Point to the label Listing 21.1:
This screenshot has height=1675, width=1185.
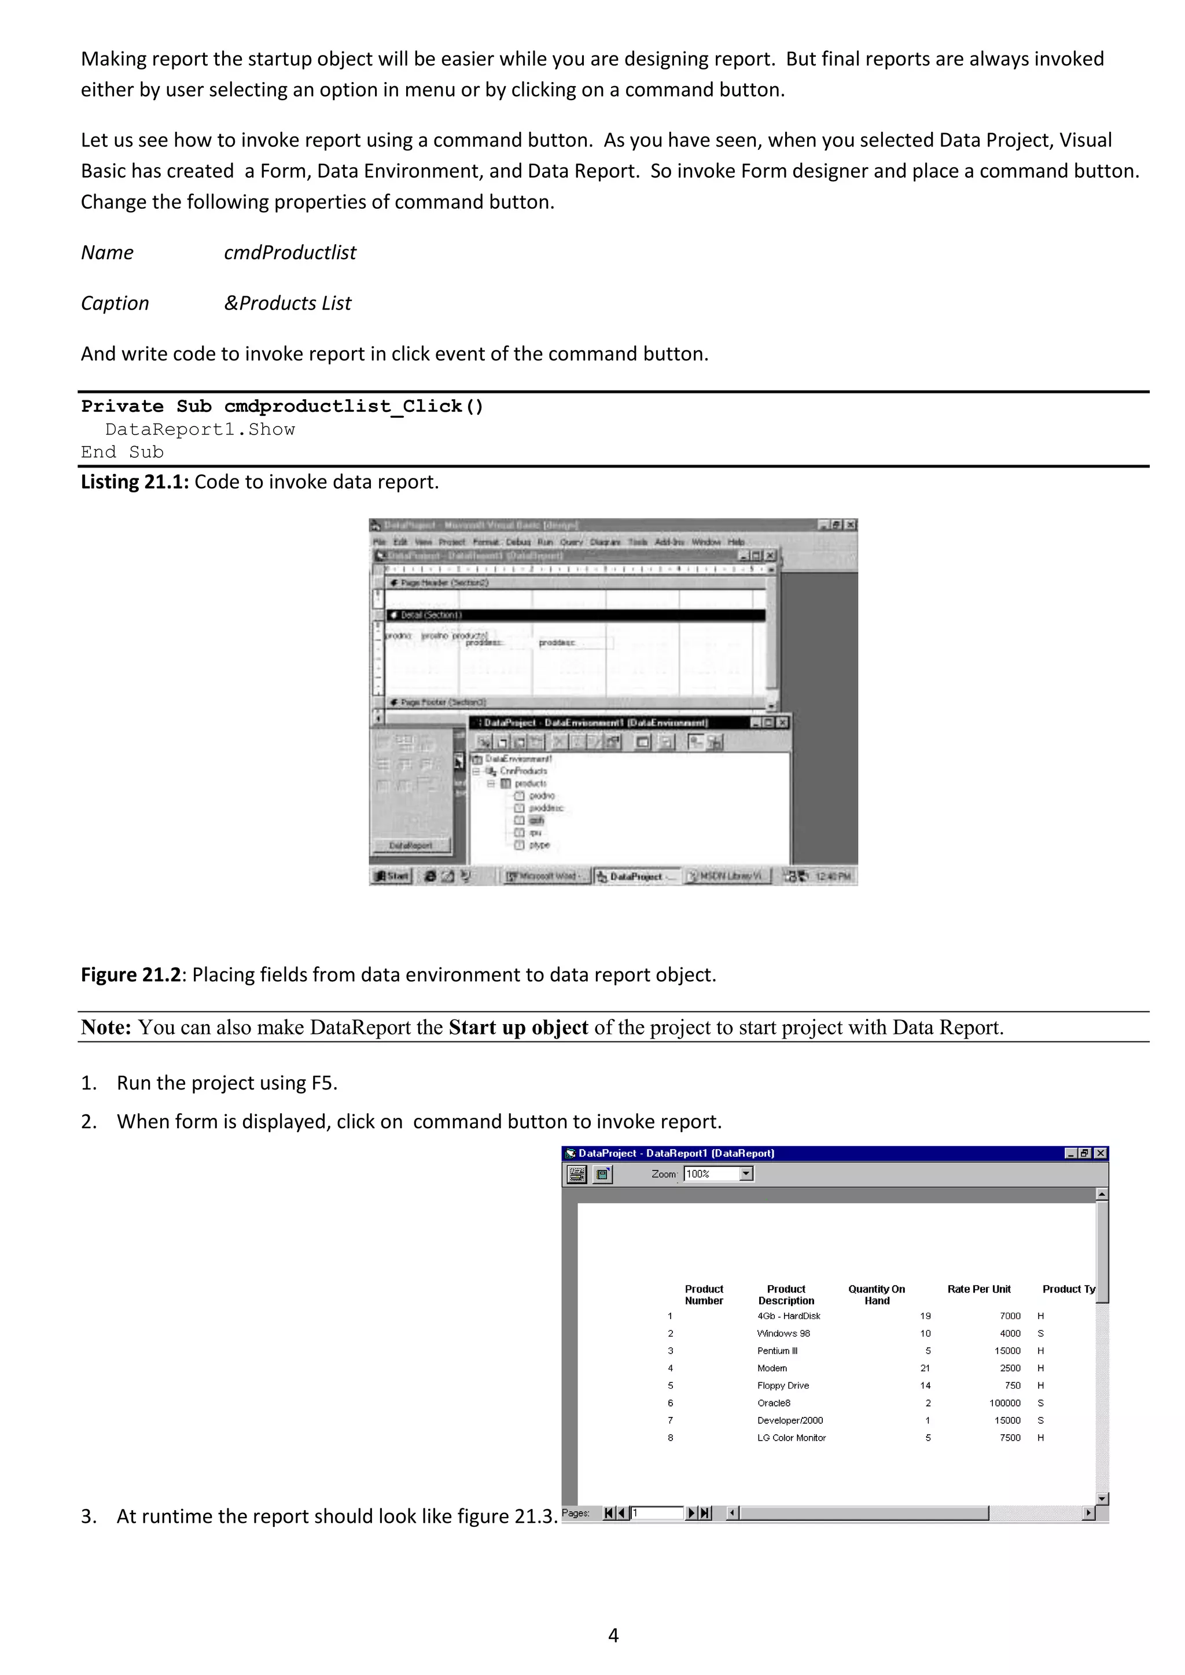(135, 481)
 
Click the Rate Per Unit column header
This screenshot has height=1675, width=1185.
(978, 1289)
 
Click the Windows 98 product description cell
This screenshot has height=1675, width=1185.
(783, 1333)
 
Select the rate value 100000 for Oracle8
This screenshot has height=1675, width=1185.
(1005, 1403)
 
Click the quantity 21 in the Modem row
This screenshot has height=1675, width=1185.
(925, 1368)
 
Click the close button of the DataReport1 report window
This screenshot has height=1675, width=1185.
(1101, 1153)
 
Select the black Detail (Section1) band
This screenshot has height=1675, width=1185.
(576, 615)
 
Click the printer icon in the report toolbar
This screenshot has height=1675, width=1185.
(576, 1174)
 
